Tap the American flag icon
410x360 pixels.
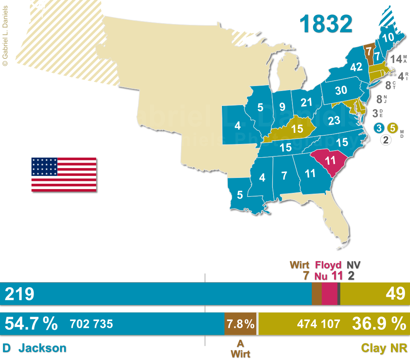pos(64,175)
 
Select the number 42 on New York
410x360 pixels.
pos(356,67)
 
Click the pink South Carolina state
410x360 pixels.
pos(330,161)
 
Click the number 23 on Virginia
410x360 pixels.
pos(333,121)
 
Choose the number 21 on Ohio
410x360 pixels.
pos(306,103)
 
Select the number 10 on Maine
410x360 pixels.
pos(388,37)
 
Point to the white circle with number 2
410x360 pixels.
pos(386,140)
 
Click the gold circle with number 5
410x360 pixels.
pos(393,127)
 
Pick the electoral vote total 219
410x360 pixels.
pos(19,294)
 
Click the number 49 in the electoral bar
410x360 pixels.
pos(395,294)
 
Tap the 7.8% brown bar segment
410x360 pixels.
pos(241,324)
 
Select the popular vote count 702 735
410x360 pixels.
pos(92,324)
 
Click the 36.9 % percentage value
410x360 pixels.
pos(379,324)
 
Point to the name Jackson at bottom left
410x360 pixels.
pos(42,348)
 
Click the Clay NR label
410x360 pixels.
pos(384,348)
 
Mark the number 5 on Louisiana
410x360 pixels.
pos(240,194)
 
